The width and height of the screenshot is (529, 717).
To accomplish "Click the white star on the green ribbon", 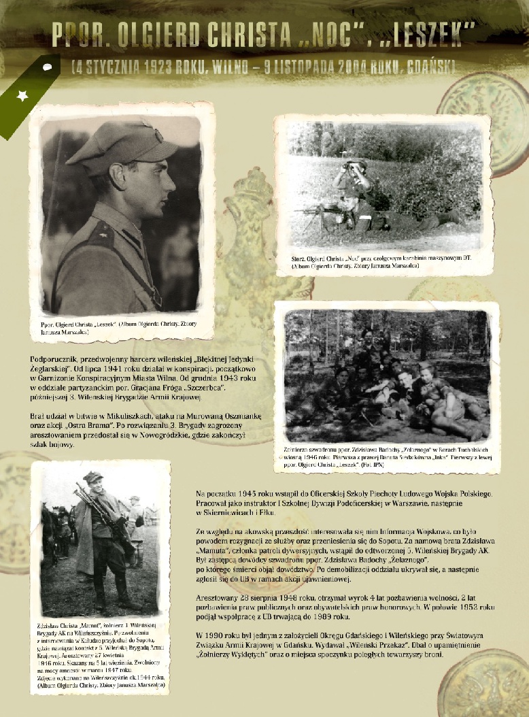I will coord(22,96).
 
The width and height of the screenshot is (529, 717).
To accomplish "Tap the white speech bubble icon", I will coord(48,67).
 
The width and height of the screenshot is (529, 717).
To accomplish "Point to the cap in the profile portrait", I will coord(120,144).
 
